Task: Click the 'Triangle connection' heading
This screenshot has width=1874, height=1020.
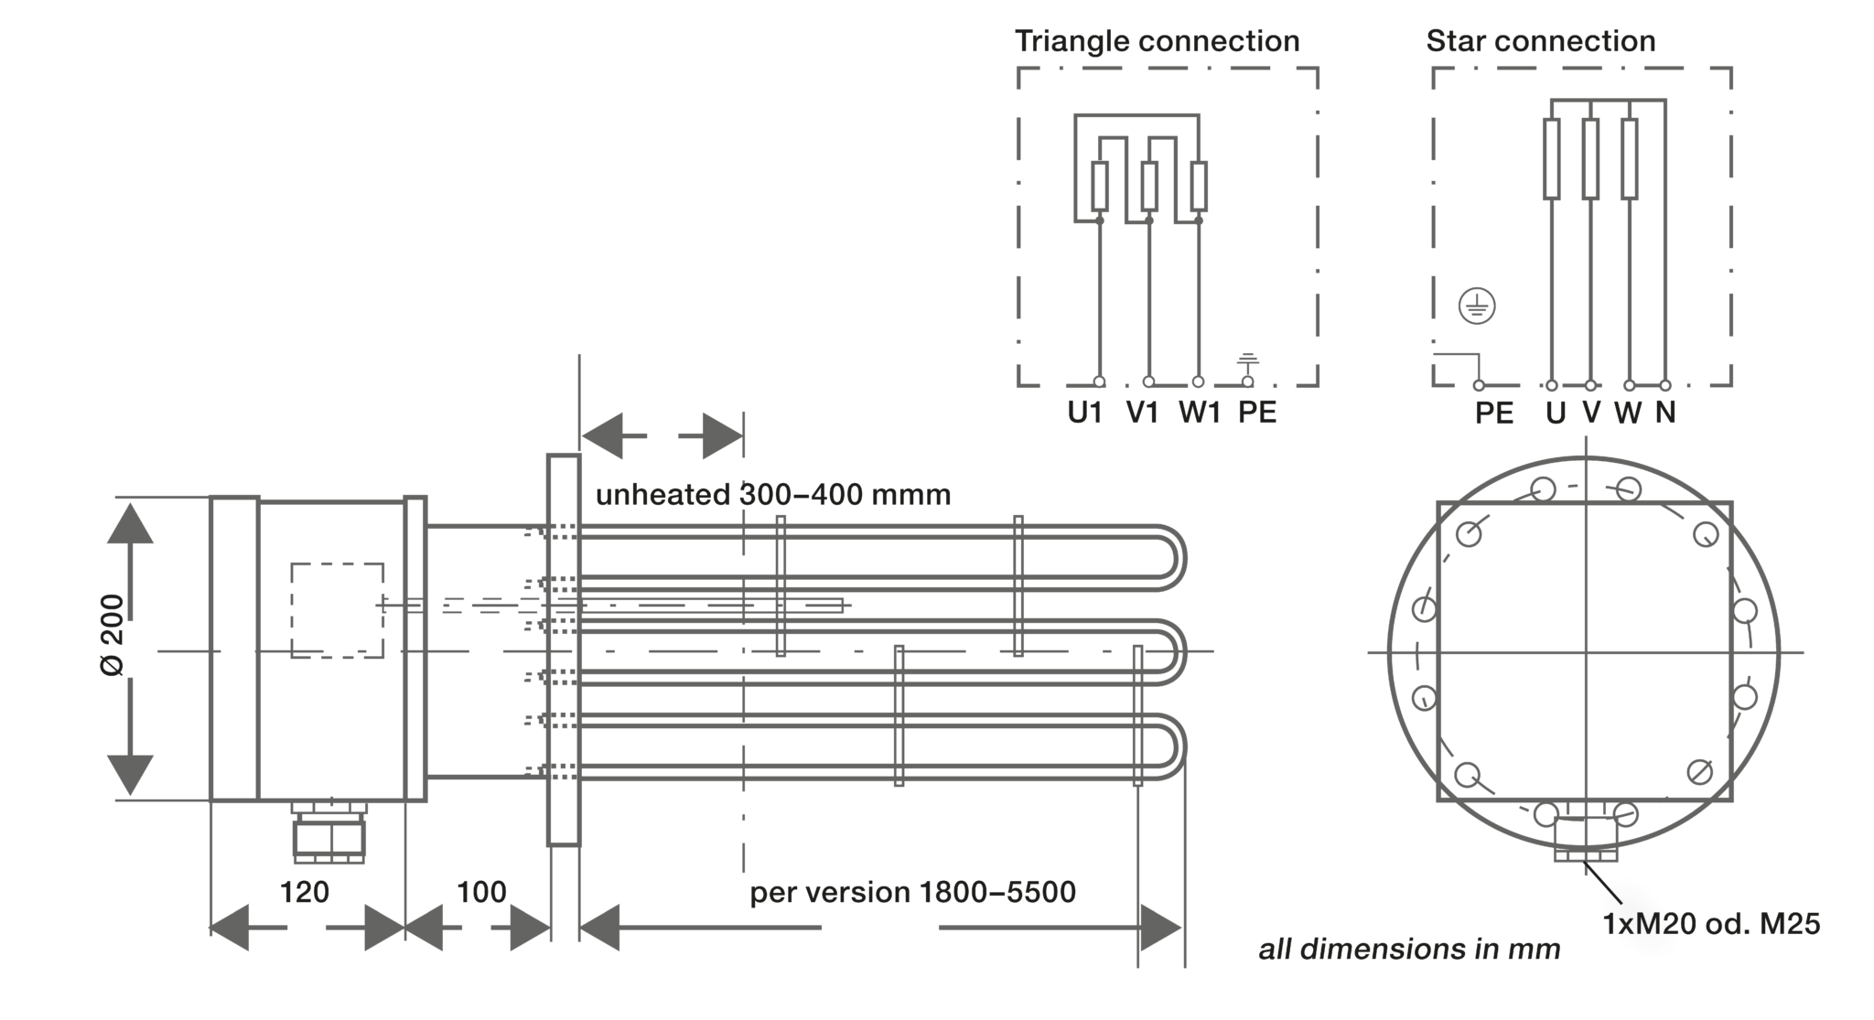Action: pyautogui.click(x=1157, y=41)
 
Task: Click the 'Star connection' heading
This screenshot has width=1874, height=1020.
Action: pyautogui.click(x=1540, y=41)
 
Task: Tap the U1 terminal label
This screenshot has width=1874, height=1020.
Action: pyautogui.click(x=1085, y=413)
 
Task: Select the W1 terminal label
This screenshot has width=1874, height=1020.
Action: pyautogui.click(x=1200, y=413)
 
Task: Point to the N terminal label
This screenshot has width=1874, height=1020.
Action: pyautogui.click(x=1665, y=413)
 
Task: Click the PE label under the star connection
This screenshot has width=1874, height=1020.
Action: pyautogui.click(x=1494, y=413)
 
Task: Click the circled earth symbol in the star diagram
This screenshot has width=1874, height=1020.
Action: pyautogui.click(x=1477, y=306)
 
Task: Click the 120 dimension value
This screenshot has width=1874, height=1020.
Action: pyautogui.click(x=304, y=892)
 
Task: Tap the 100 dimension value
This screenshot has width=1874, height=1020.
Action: pyautogui.click(x=481, y=892)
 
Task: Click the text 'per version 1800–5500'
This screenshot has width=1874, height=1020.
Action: pyautogui.click(x=912, y=892)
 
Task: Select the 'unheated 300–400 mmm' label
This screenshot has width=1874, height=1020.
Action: pyautogui.click(x=773, y=495)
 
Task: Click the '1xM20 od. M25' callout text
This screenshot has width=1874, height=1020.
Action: pyautogui.click(x=1711, y=924)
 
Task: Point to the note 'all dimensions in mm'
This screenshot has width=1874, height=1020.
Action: pyautogui.click(x=1409, y=950)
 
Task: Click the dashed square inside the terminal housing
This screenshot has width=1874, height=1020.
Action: pyautogui.click(x=337, y=610)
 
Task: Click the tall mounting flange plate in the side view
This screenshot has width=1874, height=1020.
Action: pyautogui.click(x=564, y=650)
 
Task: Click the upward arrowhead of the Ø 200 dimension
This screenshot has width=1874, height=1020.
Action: pyautogui.click(x=130, y=524)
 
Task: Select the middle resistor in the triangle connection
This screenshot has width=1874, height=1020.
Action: pyautogui.click(x=1149, y=186)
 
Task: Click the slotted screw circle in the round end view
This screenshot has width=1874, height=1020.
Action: pyautogui.click(x=1699, y=771)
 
